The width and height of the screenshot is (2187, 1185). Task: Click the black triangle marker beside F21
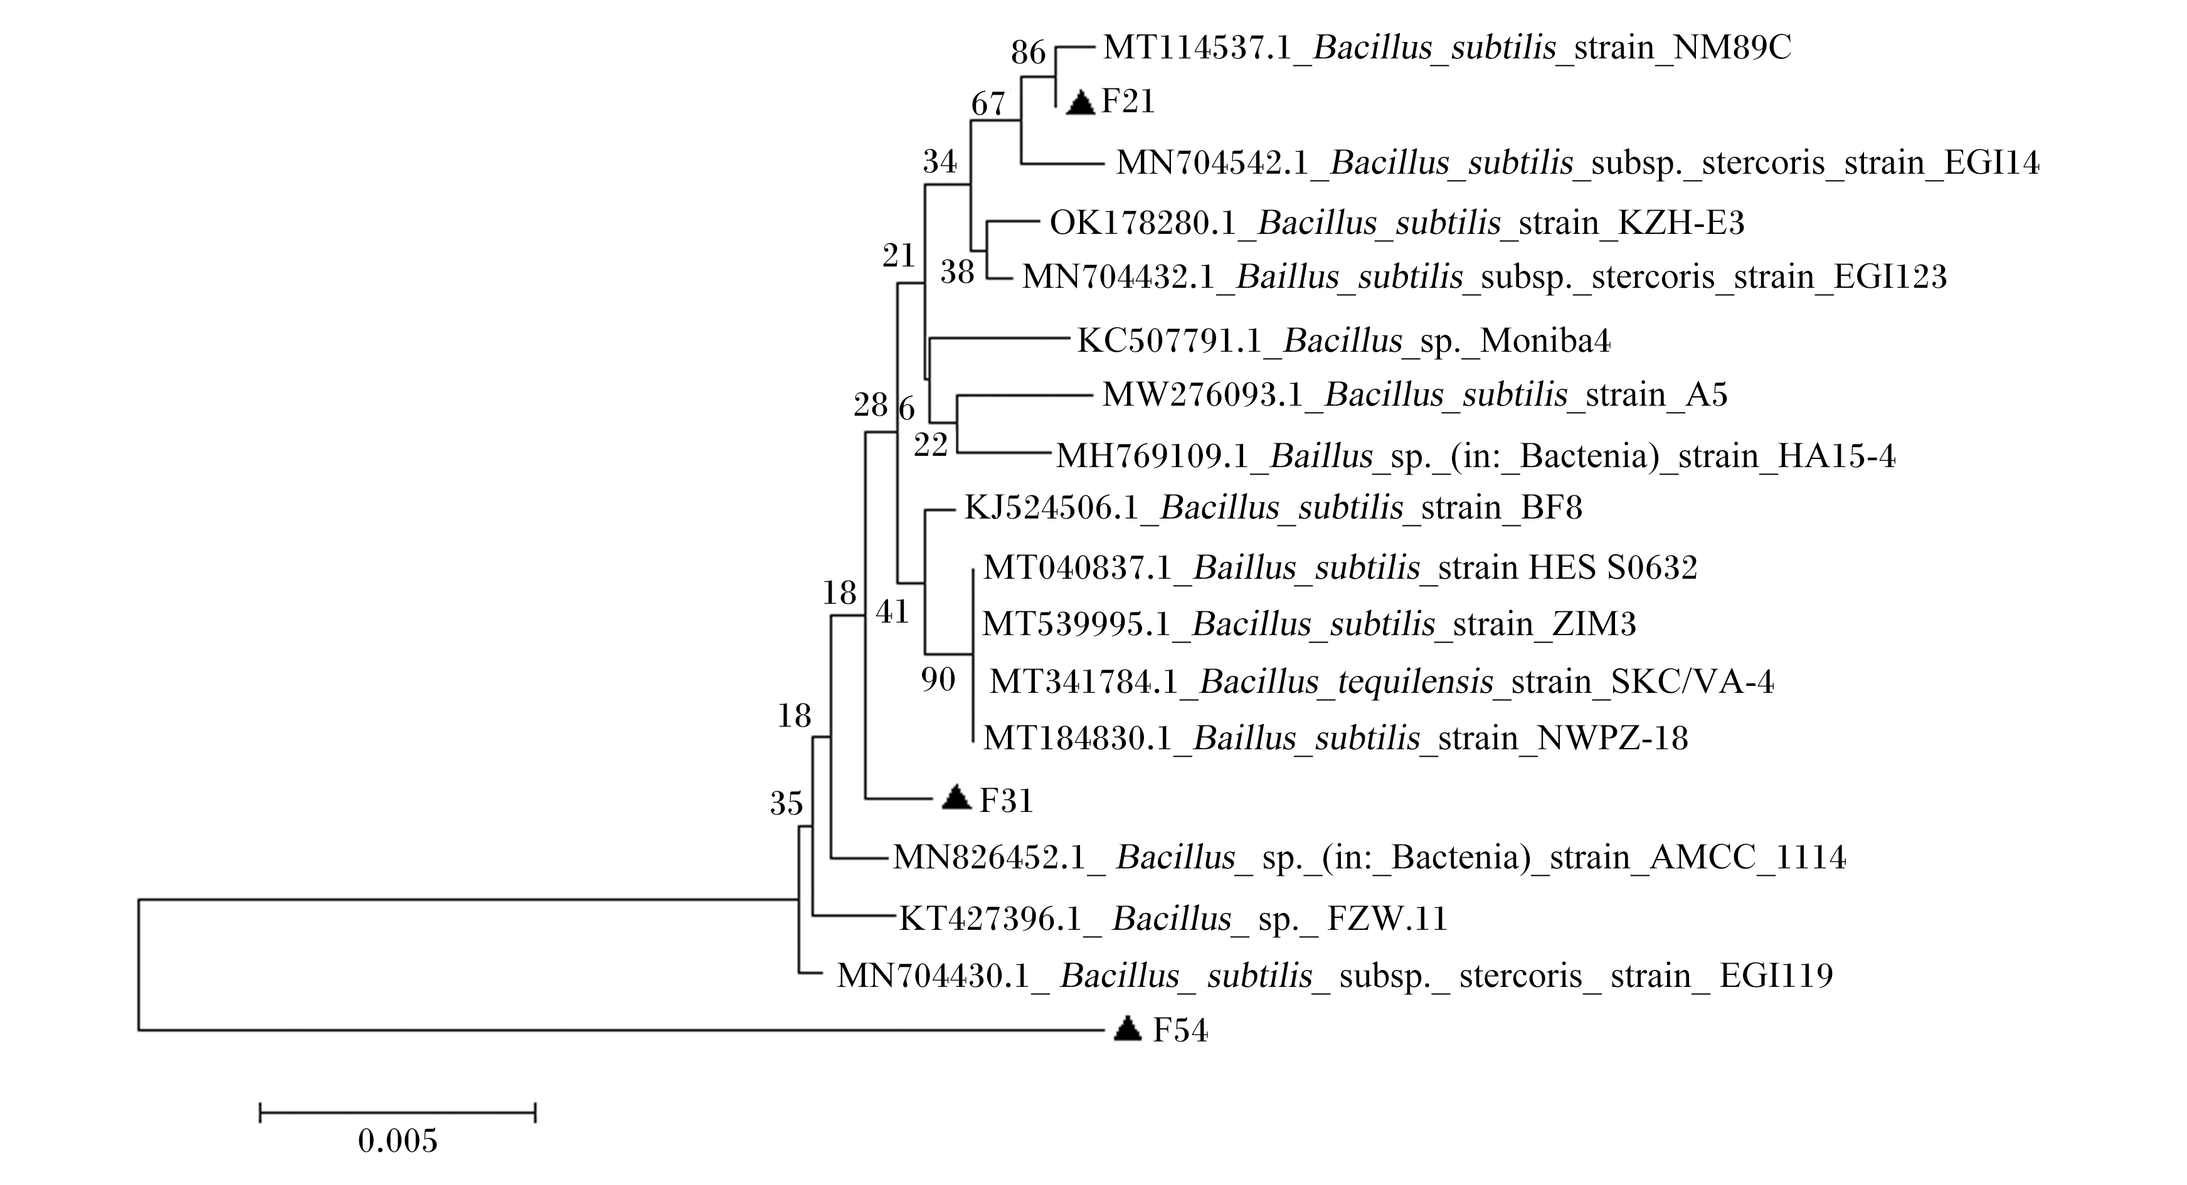(1080, 103)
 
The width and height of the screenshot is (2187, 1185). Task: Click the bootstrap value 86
(1028, 53)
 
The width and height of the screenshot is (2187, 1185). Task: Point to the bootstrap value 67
(988, 105)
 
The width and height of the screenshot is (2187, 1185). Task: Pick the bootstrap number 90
(938, 679)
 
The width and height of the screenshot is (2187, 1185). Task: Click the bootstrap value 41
(892, 611)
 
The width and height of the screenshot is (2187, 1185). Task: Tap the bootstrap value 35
(786, 803)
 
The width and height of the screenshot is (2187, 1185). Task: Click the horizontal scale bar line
(398, 1112)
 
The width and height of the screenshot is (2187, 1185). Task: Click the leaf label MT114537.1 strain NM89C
(1447, 48)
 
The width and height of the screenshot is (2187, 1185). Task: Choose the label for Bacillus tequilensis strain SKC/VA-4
(1381, 682)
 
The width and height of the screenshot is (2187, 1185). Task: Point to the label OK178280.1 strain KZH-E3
(1397, 223)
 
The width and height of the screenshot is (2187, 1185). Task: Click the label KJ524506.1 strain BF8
(1273, 508)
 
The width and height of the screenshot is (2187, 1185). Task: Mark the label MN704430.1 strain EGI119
(1335, 976)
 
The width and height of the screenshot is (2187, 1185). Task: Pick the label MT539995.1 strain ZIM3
(1309, 624)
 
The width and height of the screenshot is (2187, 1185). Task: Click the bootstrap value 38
(957, 273)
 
